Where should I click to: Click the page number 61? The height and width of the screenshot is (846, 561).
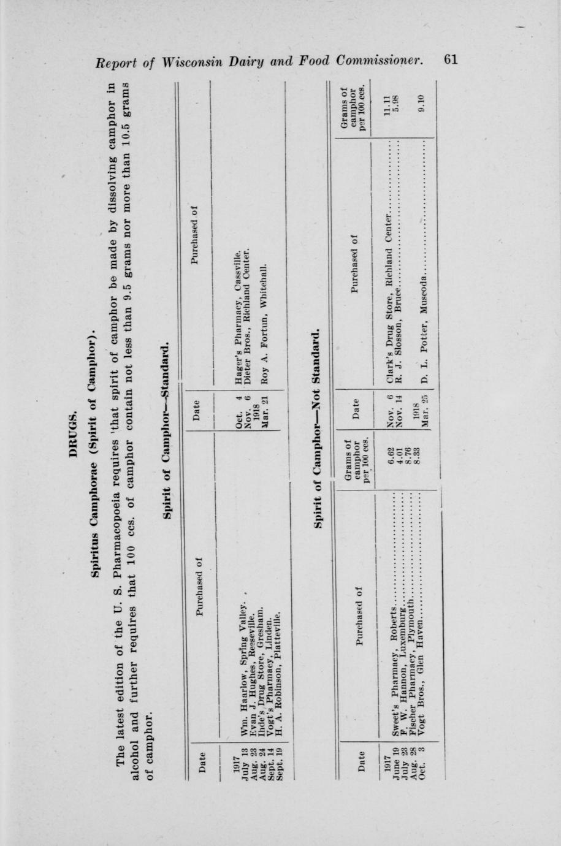coord(450,59)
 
